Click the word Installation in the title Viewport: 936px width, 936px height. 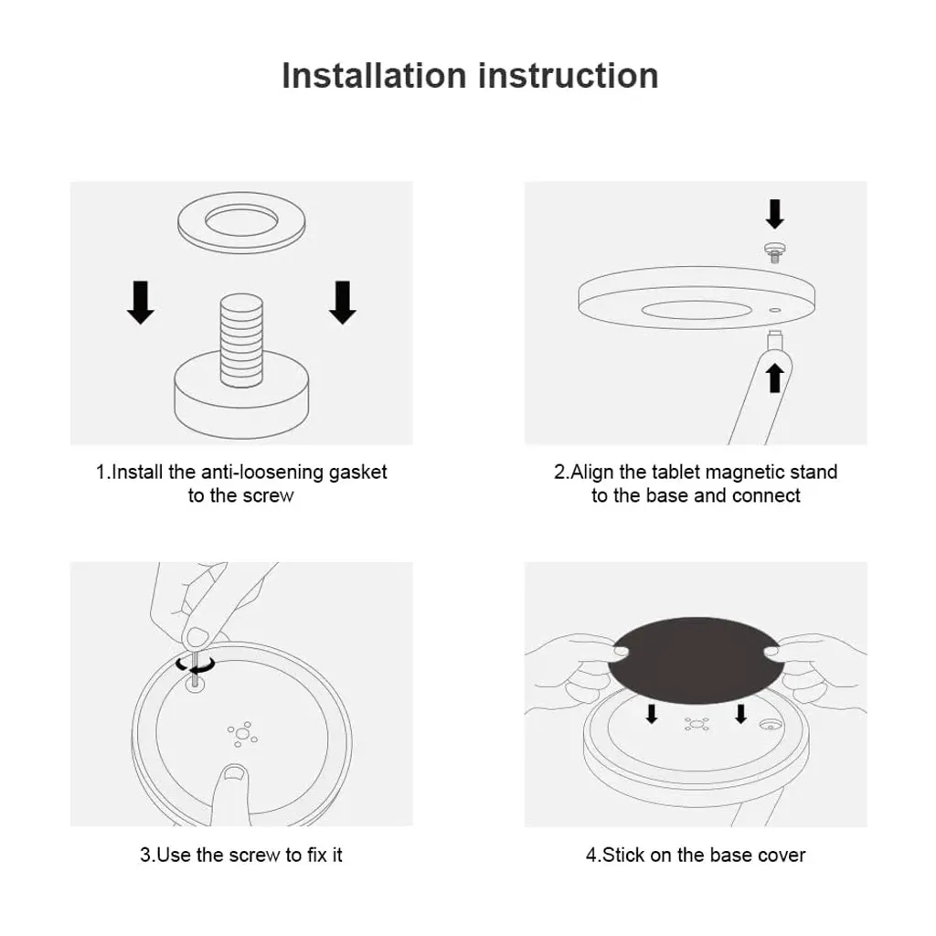click(374, 76)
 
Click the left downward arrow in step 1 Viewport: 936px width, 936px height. click(141, 303)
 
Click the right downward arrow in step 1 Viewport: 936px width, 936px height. click(343, 303)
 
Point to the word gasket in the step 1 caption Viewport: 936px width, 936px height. click(357, 473)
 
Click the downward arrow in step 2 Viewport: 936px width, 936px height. click(775, 214)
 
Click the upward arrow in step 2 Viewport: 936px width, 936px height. click(775, 378)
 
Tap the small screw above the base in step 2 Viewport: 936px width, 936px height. click(775, 252)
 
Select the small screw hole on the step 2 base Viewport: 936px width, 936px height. click(775, 311)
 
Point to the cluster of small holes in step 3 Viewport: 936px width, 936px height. click(242, 734)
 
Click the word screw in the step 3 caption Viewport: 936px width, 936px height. click(254, 855)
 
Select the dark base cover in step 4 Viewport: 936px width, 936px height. click(696, 661)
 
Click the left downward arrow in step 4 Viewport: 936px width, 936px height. click(652, 714)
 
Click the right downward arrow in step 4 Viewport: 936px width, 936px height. click(740, 714)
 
